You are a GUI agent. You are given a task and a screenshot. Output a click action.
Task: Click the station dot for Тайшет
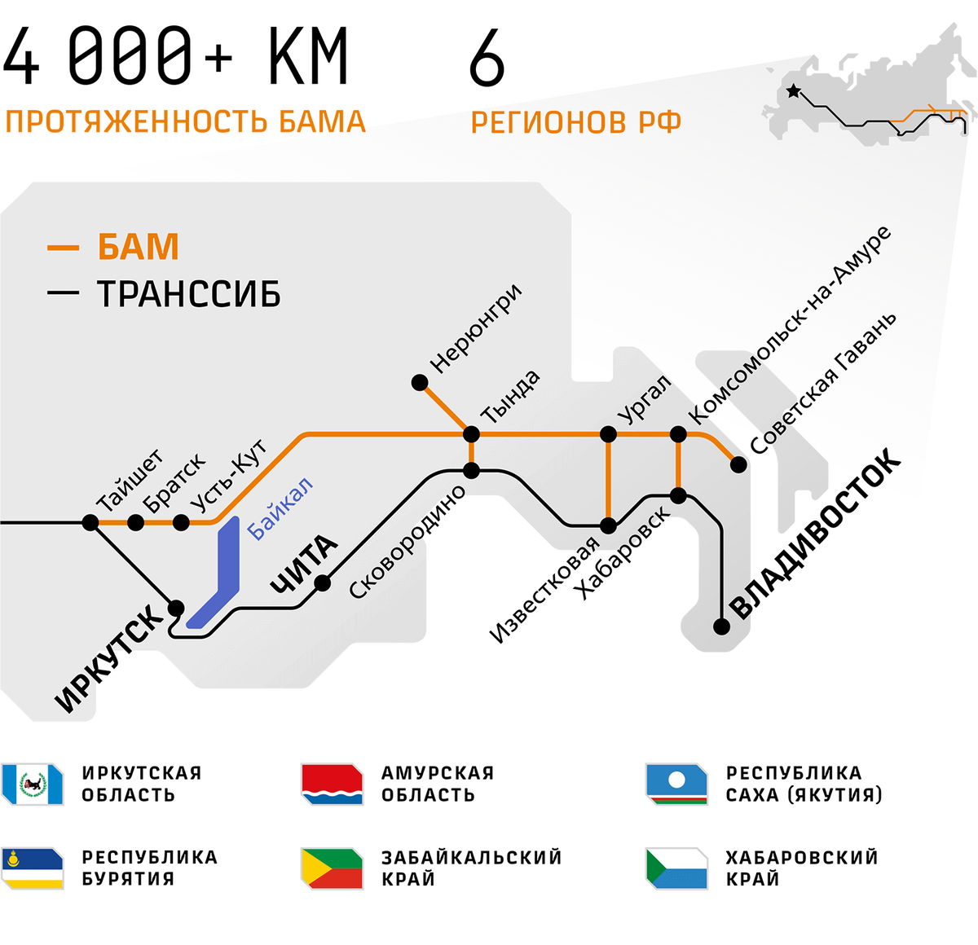tap(90, 522)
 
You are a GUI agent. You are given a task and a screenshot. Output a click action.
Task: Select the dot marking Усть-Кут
tap(180, 522)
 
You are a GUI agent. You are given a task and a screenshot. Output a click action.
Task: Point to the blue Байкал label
tap(280, 509)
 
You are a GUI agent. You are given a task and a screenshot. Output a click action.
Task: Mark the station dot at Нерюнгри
tap(420, 382)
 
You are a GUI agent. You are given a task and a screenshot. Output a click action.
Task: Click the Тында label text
tap(511, 396)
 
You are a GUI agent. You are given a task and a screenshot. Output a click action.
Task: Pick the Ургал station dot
tap(608, 434)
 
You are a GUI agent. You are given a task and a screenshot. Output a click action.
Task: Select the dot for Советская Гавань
tap(738, 464)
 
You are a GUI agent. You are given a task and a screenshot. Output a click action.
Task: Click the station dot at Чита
tap(323, 582)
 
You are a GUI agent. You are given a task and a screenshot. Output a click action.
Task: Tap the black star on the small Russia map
tap(793, 92)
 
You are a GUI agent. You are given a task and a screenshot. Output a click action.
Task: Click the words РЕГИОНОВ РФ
tap(576, 123)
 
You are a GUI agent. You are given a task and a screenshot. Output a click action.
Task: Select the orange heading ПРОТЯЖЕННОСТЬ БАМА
tap(184, 121)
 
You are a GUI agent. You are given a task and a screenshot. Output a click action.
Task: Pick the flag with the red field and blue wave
tap(332, 784)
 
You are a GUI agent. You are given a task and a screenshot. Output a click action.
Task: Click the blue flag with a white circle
tap(677, 784)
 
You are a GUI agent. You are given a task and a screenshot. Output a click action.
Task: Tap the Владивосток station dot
tap(721, 626)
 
